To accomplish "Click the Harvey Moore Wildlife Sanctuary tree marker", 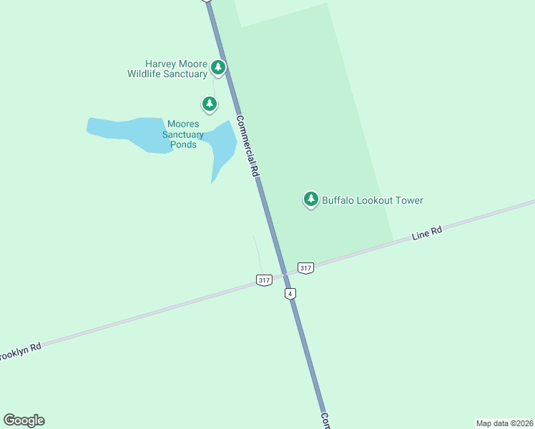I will point(219,69).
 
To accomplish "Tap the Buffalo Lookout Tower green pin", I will point(310,199).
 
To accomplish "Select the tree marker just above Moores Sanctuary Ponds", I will point(209,104).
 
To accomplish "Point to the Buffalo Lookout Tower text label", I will point(372,200).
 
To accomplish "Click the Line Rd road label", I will point(427,234).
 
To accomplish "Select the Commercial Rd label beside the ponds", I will point(247,147).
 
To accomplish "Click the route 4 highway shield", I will point(290,294).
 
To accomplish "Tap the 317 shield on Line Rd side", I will point(305,267).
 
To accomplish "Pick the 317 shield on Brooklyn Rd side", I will point(264,280).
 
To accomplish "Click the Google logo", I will point(24,420).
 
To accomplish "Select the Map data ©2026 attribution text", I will point(504,423).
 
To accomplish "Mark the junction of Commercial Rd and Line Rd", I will point(285,273).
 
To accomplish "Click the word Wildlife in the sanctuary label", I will point(147,74).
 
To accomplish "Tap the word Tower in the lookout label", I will point(407,200).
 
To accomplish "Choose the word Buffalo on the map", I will point(340,200).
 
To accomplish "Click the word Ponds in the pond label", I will point(183,144).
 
